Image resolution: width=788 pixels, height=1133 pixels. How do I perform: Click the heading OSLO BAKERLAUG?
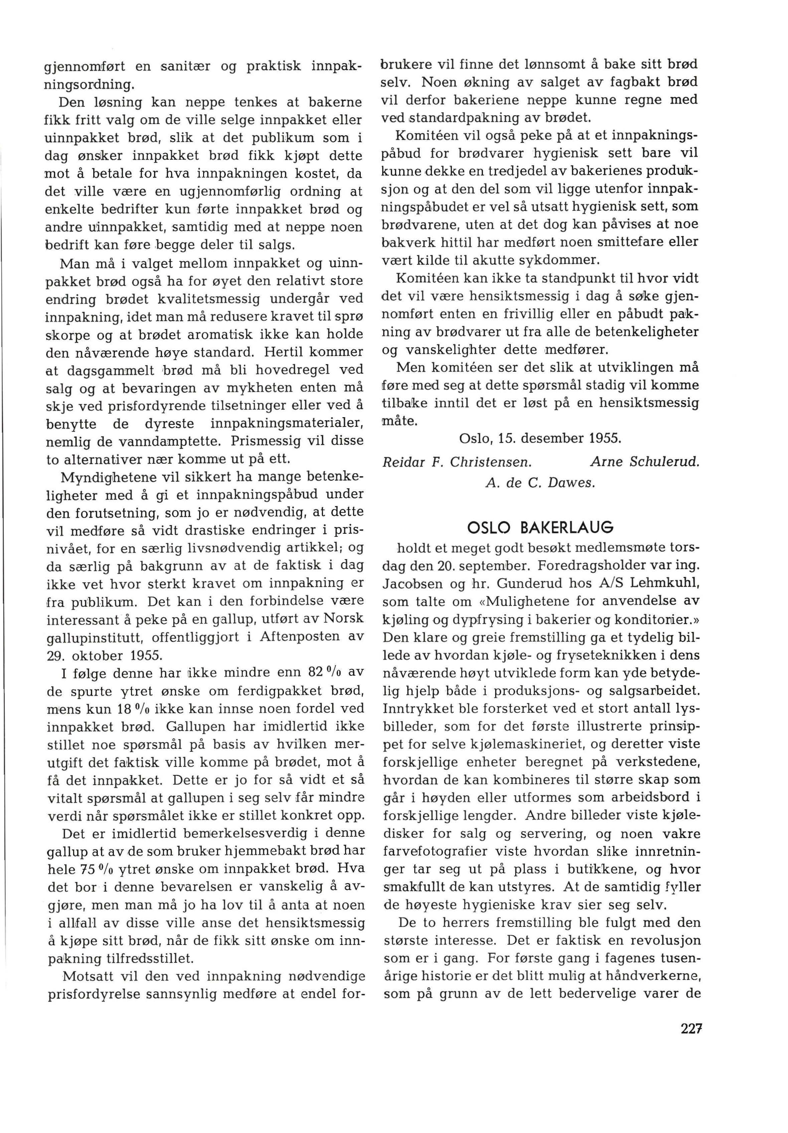[540, 527]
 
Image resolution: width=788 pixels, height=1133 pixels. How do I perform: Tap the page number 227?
[691, 1029]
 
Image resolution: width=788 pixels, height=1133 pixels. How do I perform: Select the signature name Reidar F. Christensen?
[457, 462]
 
